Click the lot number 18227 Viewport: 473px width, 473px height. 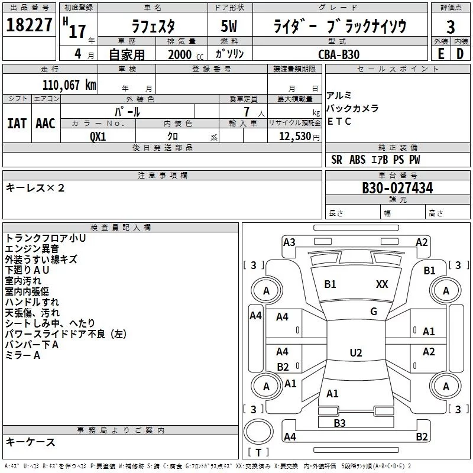coord(29,25)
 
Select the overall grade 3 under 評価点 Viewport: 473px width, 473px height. coord(451,27)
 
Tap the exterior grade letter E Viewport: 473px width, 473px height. coord(440,54)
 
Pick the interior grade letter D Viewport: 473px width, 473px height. coord(460,54)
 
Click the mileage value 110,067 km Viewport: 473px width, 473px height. coord(69,85)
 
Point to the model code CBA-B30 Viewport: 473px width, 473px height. coord(339,54)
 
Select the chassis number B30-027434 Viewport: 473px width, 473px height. coord(397,188)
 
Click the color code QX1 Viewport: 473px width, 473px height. coord(98,137)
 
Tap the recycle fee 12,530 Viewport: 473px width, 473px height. coord(295,136)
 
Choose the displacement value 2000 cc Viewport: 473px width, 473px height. coord(186,54)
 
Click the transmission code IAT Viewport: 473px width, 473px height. coord(17,124)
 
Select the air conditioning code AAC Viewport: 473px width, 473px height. coord(46,124)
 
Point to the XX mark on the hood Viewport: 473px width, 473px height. coord(382,284)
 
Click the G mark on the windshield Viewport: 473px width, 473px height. coord(374,312)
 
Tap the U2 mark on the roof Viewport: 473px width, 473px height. coord(356,352)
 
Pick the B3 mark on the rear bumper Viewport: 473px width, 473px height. coord(339,423)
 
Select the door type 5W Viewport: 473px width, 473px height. coord(229,26)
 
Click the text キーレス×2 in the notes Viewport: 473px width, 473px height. coord(35,188)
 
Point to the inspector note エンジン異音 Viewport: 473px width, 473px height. coord(32,249)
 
